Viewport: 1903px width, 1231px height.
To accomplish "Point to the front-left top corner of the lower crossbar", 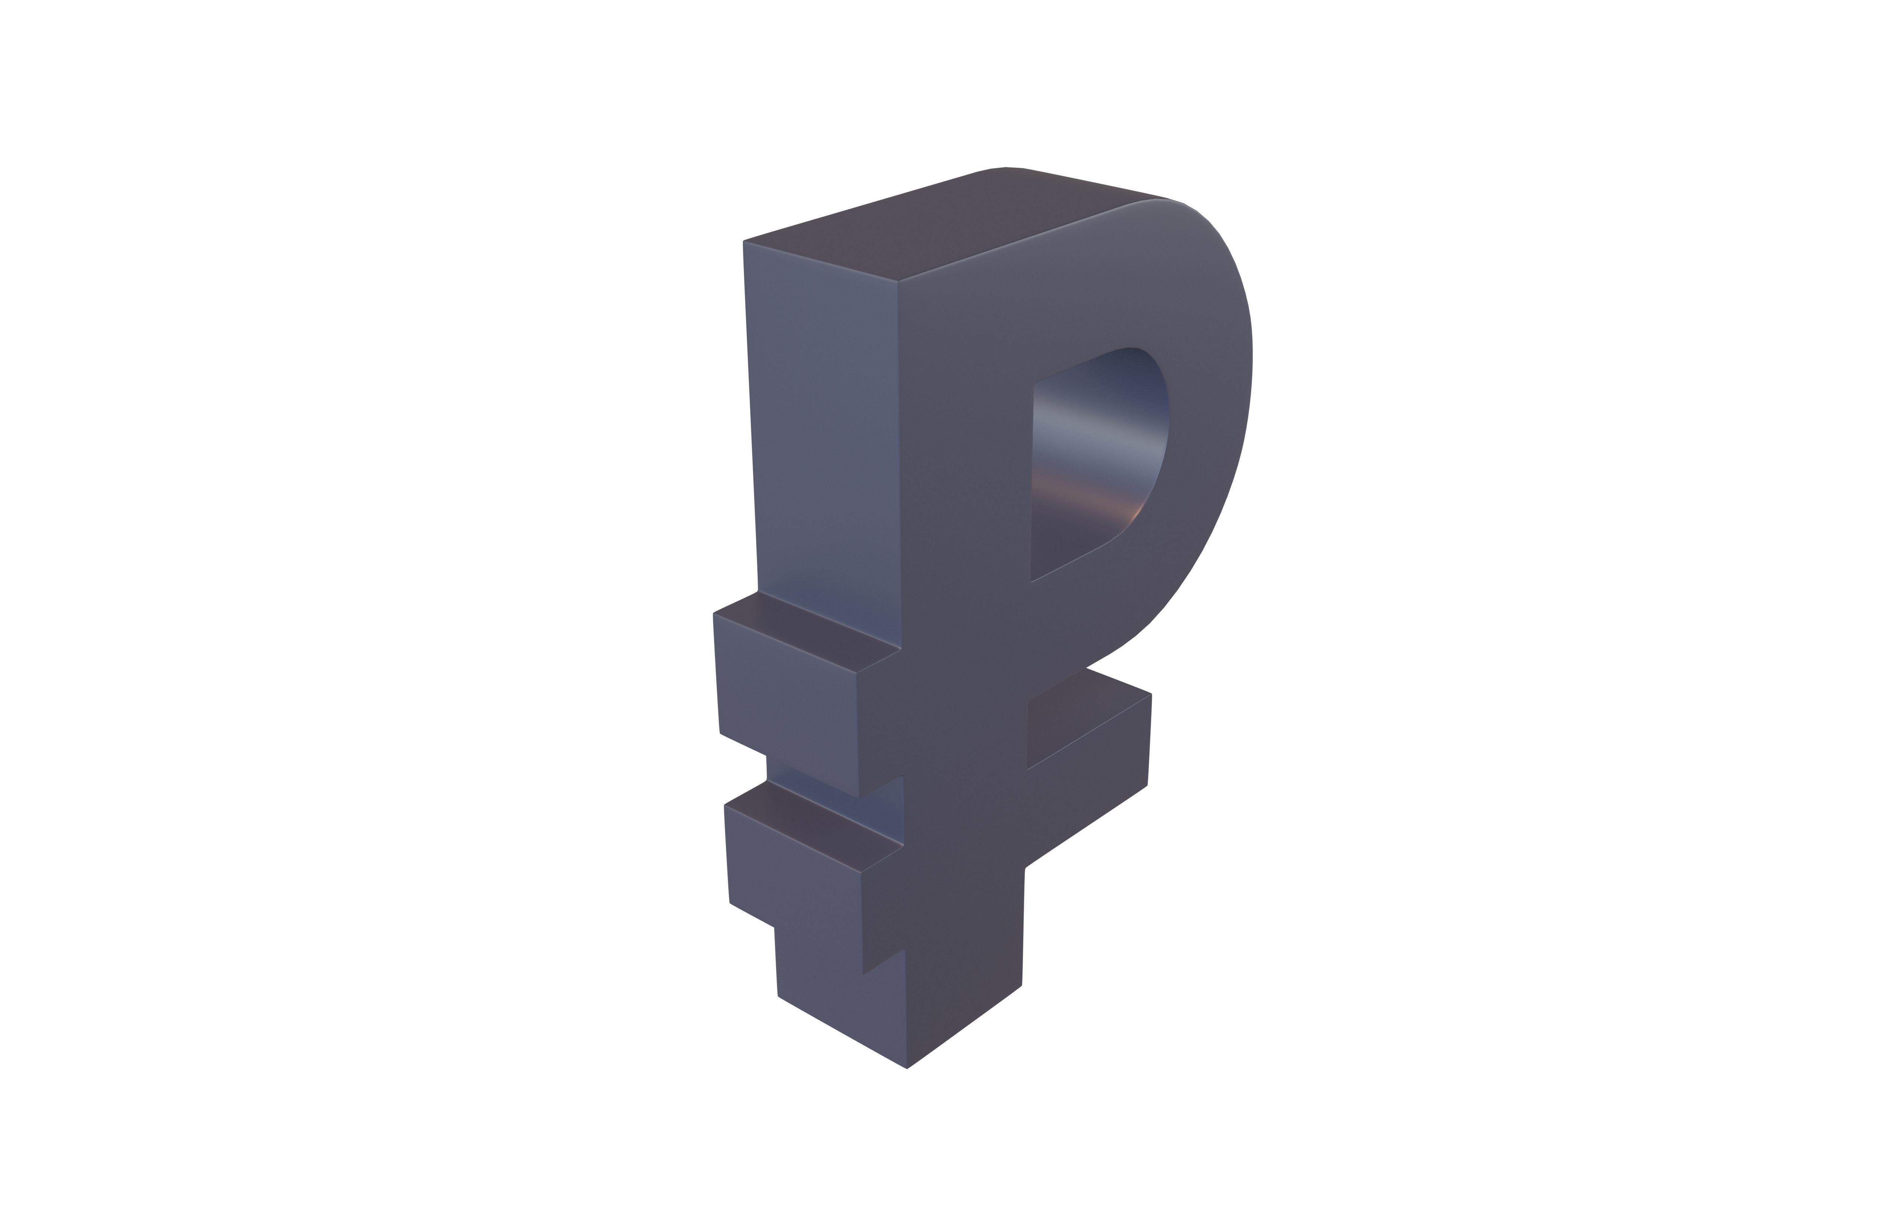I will pyautogui.click(x=724, y=805).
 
